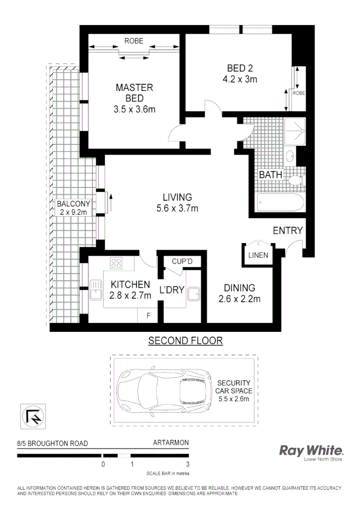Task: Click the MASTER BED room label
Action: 134,93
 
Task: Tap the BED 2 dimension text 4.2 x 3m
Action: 240,78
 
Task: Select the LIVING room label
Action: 177,197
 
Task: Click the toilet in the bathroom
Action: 296,181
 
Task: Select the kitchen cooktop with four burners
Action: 116,263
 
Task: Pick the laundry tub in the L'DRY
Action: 193,293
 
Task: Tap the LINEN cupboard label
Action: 258,255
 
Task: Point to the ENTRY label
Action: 288,231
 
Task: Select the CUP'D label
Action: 182,262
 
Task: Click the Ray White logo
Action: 311,451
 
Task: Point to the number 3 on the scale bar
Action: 188,464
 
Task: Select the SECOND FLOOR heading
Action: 185,341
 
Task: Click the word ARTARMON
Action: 170,443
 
